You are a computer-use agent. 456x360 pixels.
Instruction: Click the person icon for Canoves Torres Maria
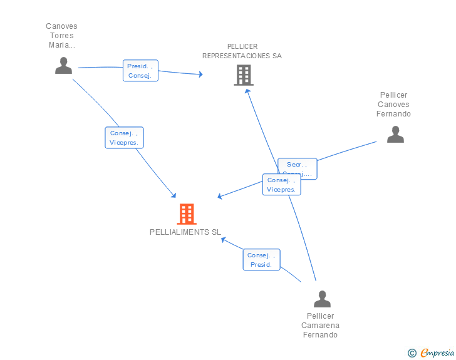[63, 66]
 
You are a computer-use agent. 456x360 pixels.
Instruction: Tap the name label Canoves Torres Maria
[61, 36]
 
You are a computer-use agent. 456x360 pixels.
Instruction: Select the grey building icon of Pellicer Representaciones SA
[244, 75]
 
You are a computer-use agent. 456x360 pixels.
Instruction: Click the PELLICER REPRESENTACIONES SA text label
[242, 51]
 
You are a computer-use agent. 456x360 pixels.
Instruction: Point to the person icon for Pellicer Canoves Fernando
[395, 135]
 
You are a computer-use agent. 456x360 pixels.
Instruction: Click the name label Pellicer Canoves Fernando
[393, 105]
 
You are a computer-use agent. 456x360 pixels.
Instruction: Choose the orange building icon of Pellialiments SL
[186, 214]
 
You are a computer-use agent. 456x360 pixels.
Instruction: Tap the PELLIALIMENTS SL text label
[185, 232]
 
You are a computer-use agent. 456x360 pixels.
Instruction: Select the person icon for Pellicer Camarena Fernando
[322, 299]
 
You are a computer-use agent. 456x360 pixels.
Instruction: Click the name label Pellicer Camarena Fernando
[321, 325]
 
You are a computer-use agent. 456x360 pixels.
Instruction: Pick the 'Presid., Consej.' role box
[140, 71]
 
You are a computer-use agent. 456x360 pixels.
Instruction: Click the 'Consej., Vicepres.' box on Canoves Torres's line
[124, 138]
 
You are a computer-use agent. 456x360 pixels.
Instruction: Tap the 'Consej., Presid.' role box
[261, 260]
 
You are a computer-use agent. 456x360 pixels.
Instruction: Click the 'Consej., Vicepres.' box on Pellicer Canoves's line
[281, 185]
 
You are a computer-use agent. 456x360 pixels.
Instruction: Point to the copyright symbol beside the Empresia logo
[412, 353]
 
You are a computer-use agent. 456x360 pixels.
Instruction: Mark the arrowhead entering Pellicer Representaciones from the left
[200, 74]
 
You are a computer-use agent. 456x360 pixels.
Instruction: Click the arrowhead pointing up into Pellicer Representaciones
[247, 91]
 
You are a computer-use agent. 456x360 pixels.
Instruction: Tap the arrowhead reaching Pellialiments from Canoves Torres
[175, 197]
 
